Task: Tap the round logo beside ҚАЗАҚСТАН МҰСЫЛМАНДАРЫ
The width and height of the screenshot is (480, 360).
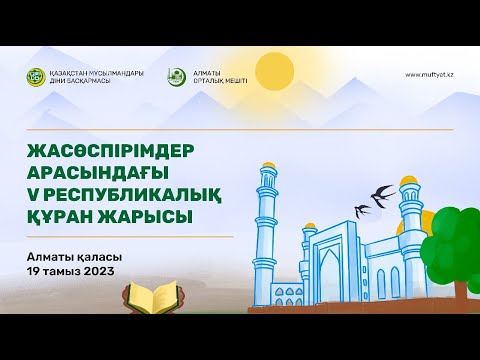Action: click(x=37, y=76)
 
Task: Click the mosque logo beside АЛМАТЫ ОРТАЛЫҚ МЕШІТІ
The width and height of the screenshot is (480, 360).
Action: click(x=176, y=76)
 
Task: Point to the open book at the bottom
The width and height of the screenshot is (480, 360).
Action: click(x=150, y=297)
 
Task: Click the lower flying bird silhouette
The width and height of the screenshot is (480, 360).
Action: click(x=361, y=210)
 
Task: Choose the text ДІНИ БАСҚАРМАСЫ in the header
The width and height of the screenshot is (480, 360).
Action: click(x=71, y=81)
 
